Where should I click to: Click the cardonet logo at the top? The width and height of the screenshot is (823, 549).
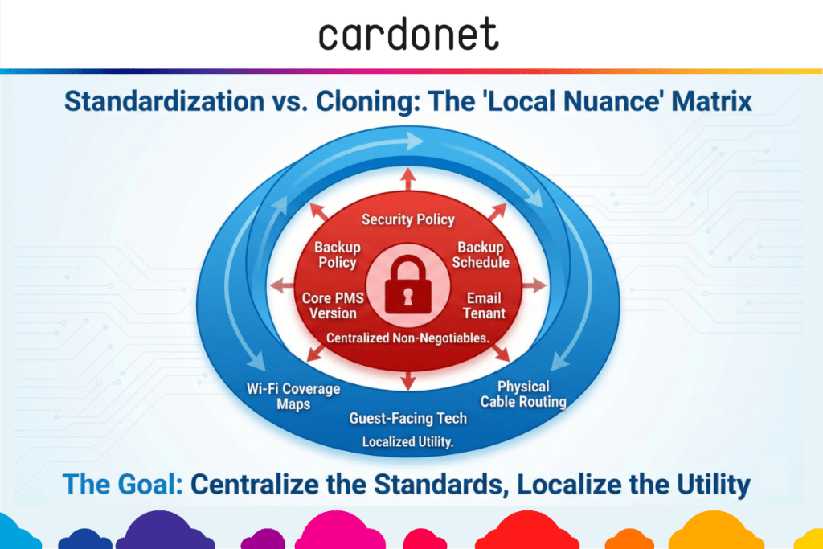(408, 35)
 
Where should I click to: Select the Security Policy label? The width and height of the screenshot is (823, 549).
(408, 219)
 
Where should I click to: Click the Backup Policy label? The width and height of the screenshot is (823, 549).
(337, 255)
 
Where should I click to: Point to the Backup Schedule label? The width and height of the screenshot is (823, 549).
(481, 255)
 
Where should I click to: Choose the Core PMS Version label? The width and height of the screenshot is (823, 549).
(333, 305)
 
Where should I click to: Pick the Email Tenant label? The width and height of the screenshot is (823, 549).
(484, 305)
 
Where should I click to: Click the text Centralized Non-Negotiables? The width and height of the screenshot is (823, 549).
(407, 338)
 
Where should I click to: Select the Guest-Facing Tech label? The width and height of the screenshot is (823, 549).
(407, 418)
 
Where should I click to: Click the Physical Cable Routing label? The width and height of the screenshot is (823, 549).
(523, 394)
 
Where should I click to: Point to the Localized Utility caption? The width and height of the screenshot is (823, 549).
(407, 441)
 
